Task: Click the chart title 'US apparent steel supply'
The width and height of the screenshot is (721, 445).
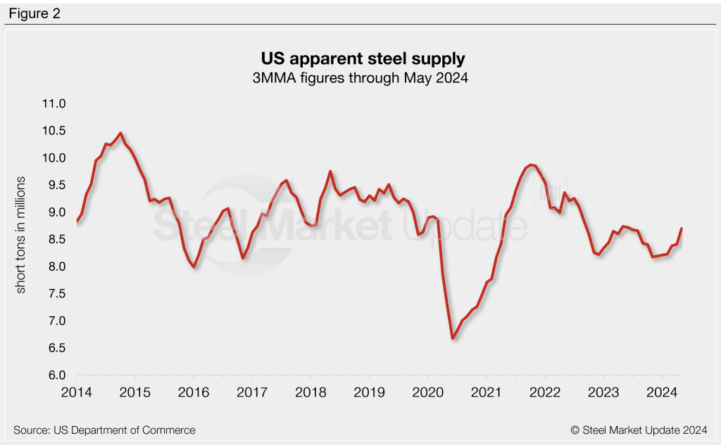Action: click(360, 57)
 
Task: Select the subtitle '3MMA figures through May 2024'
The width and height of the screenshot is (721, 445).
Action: click(360, 78)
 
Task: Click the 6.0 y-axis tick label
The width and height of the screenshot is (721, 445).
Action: click(55, 375)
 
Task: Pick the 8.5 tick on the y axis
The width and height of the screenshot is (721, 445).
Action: click(55, 240)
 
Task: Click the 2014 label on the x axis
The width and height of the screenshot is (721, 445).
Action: click(77, 392)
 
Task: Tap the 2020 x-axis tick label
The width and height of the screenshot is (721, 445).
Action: click(427, 392)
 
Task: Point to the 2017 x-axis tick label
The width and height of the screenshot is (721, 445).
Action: click(252, 392)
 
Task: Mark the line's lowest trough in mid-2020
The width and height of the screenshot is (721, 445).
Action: click(452, 339)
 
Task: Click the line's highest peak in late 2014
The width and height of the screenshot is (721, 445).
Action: click(120, 133)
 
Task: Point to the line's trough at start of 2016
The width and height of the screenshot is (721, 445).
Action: click(194, 267)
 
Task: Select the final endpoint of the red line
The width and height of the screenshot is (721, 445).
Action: click(681, 228)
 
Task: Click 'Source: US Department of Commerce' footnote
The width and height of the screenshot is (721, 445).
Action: click(104, 430)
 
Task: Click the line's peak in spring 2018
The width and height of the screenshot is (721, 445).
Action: click(330, 171)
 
